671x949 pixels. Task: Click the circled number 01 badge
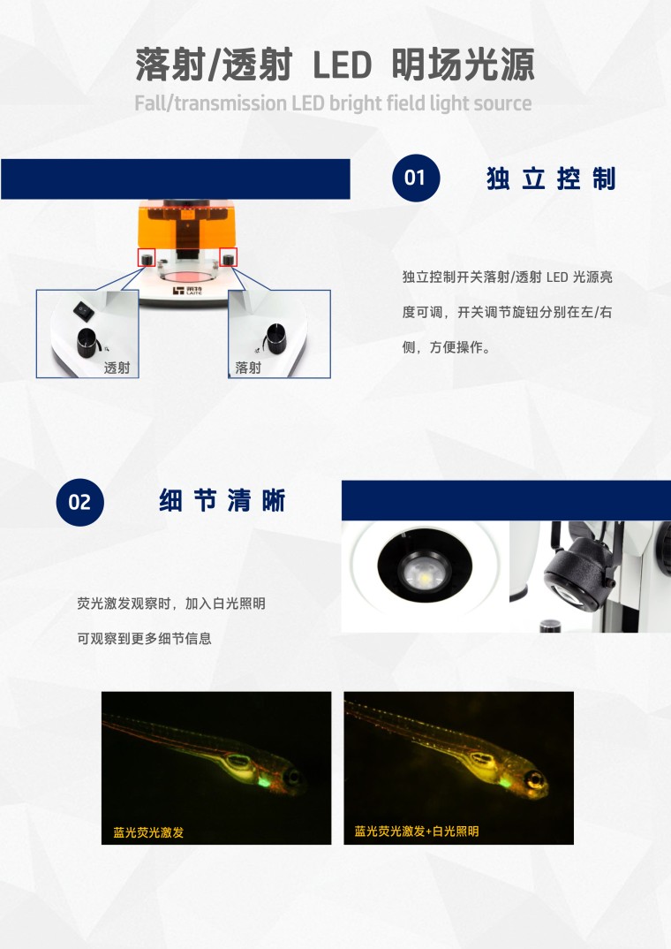pos(416,178)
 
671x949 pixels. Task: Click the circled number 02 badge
pos(79,502)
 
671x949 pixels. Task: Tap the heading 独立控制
pos(551,178)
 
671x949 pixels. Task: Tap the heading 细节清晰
pos(222,500)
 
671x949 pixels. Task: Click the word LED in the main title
pos(342,65)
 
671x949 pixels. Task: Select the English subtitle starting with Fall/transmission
pos(333,103)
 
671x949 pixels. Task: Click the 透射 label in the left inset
pos(117,368)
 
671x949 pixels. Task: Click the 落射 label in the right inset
pos(248,368)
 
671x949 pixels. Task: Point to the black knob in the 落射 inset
pos(275,339)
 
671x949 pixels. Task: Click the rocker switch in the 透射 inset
pos(84,310)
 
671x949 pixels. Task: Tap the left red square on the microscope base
pos(147,258)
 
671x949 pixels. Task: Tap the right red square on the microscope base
pos(229,257)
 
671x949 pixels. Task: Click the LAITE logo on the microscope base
pos(187,291)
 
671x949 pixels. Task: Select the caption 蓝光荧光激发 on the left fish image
pos(148,832)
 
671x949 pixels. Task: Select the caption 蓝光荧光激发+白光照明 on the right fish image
pos(417,831)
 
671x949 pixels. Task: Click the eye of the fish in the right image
pos(534,778)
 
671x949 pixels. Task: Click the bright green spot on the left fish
pos(264,783)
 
